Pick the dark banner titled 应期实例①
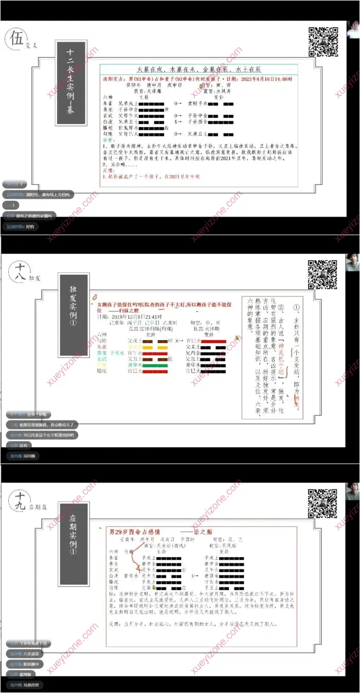[73, 540]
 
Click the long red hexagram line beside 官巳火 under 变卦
[210, 341]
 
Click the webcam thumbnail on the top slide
[352, 30]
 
